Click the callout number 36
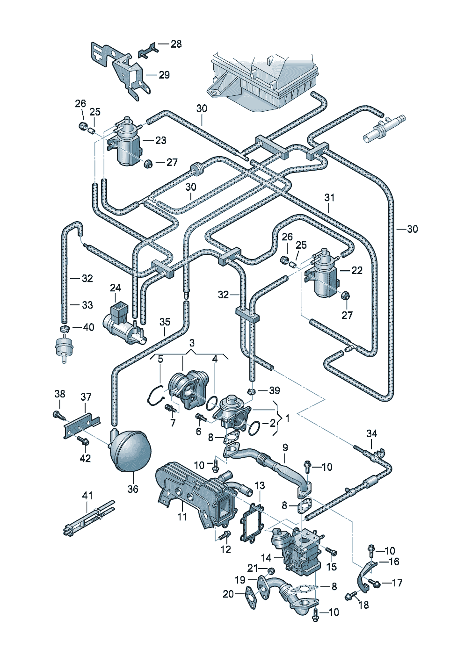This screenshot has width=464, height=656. coord(133,489)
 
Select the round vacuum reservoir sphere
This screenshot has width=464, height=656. coord(130,449)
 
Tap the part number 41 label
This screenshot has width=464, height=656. coord(87,496)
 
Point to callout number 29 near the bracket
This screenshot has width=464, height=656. coord(164,75)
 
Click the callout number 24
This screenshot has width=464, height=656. coord(115,288)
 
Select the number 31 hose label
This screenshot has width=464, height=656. coord(330,198)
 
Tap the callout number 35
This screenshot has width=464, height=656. coord(165,322)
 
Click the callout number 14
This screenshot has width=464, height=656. coord(266,557)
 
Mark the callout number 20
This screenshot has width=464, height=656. coord(228,594)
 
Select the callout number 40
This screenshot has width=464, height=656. coord(88,327)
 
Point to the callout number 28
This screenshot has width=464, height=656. coord(176,44)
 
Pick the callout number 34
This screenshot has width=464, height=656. coord(371,433)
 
